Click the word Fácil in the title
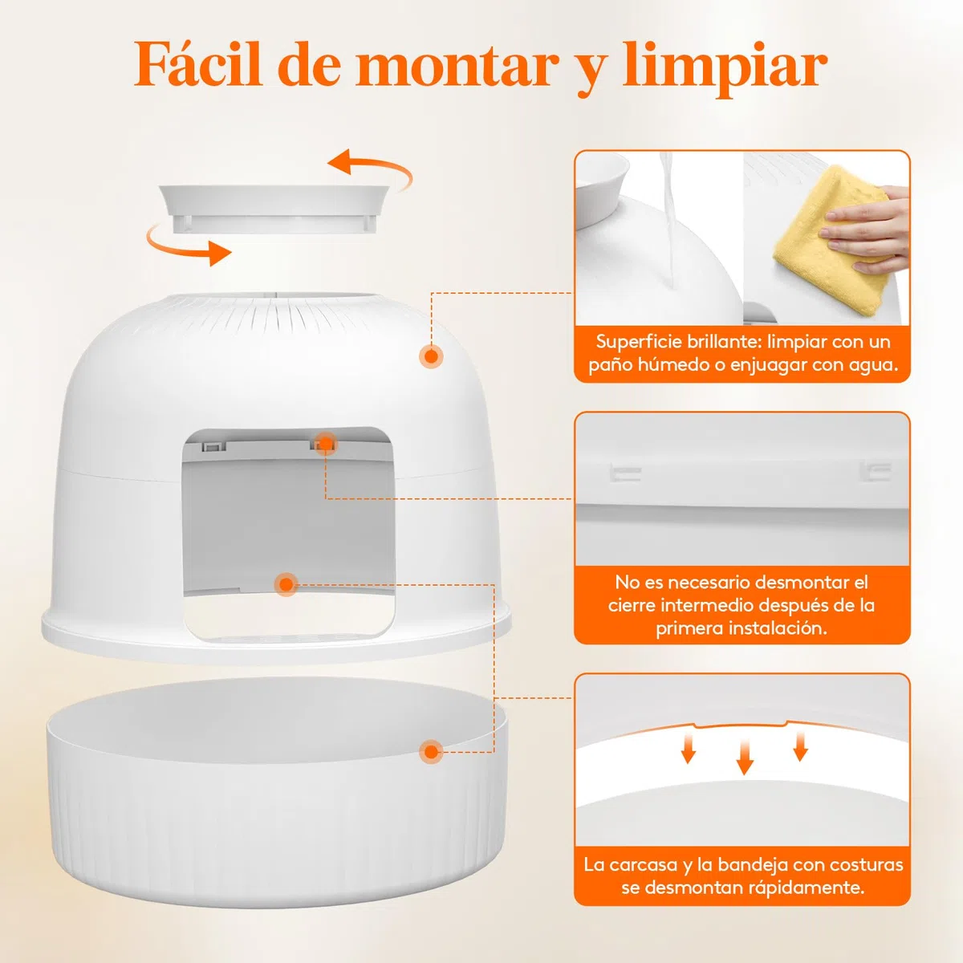point(198,66)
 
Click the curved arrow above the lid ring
point(370,168)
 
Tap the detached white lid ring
point(274,209)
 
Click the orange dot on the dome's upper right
point(431,356)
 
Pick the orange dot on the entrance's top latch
point(326,444)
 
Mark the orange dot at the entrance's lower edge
point(286,584)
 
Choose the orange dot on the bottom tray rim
point(431,752)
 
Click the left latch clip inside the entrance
point(214,445)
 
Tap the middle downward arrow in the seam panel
point(745,757)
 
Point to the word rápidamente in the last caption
point(806,888)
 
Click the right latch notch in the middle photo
point(875,471)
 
